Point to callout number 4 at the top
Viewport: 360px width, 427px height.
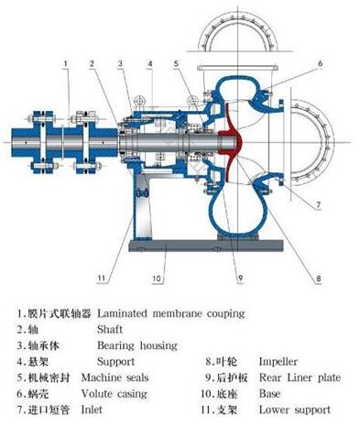149,62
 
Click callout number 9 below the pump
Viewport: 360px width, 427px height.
237,276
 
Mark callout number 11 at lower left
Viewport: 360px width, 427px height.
100,276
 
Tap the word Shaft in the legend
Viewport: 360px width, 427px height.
110,330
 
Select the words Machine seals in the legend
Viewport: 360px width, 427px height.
115,378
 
